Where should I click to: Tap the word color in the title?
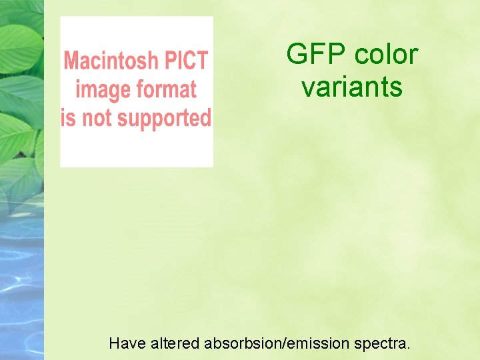click(x=386, y=54)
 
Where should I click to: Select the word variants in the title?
click(x=352, y=87)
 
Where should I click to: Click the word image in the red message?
click(x=101, y=89)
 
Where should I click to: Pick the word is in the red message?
click(x=67, y=119)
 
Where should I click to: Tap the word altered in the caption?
click(x=175, y=344)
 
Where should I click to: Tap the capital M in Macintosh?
click(x=71, y=61)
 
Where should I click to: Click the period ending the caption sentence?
click(x=409, y=349)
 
